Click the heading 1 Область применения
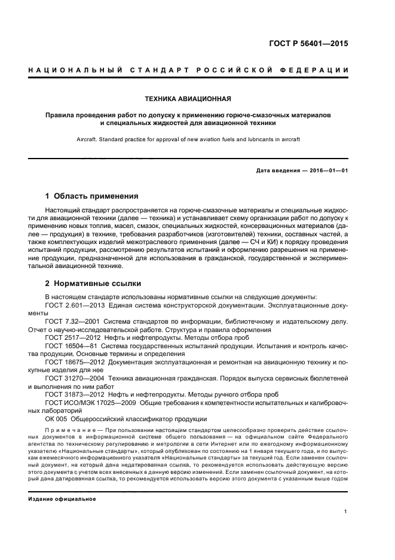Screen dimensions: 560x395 (x=92, y=196)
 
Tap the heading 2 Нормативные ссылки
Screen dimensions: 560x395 (x=93, y=283)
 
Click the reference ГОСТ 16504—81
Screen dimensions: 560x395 (x=66, y=346)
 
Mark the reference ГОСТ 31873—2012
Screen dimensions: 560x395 (x=68, y=395)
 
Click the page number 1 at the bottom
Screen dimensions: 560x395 (x=346, y=512)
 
